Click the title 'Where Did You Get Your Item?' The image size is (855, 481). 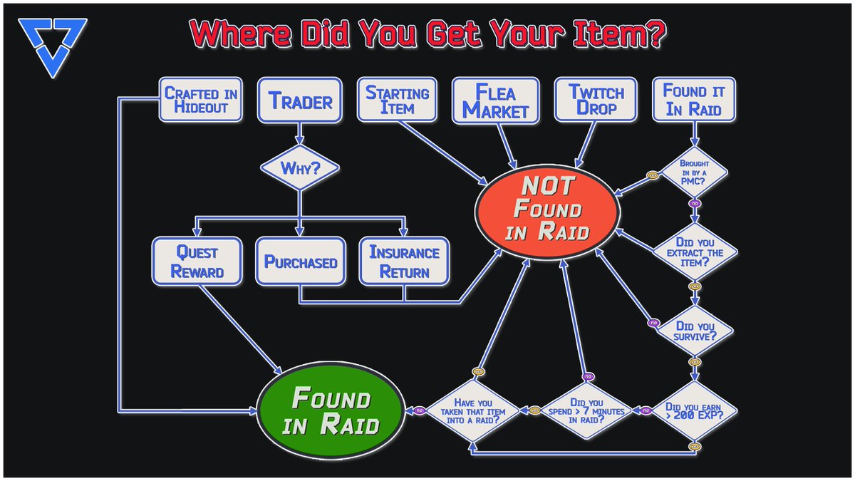pyautogui.click(x=427, y=33)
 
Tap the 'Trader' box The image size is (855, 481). pyautogui.click(x=300, y=100)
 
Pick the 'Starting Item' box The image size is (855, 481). pyautogui.click(x=398, y=100)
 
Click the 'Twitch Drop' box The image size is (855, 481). pyautogui.click(x=596, y=100)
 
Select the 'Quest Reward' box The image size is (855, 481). pyautogui.click(x=197, y=262)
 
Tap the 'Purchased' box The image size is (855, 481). pyautogui.click(x=300, y=262)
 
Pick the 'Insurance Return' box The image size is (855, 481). pyautogui.click(x=405, y=262)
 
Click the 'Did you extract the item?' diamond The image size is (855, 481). pyautogui.click(x=694, y=252)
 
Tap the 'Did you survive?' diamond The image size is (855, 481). pyautogui.click(x=695, y=329)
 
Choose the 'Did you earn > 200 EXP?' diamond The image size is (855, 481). pyautogui.click(x=695, y=411)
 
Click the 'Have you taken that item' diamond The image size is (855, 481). pyautogui.click(x=470, y=411)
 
